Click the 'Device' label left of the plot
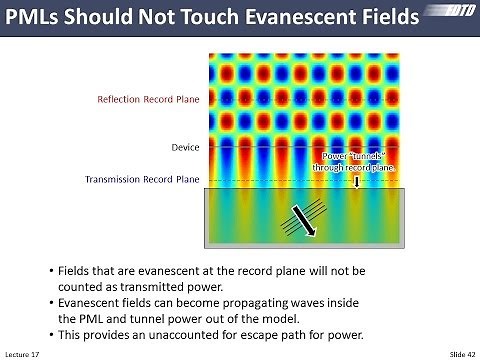(x=186, y=147)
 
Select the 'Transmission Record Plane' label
(x=142, y=180)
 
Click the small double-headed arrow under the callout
(x=356, y=181)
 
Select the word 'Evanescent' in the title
(x=300, y=19)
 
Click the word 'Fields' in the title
(x=396, y=19)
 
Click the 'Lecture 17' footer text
(x=22, y=353)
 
